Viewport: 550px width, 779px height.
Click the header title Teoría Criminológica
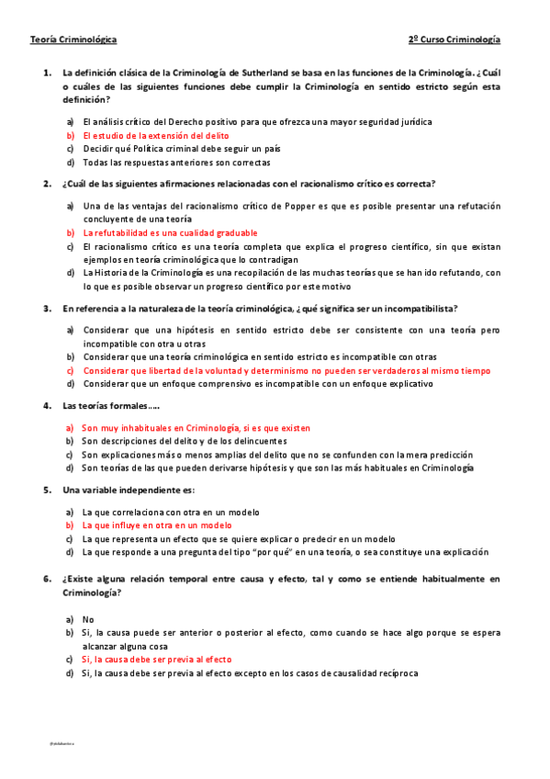coord(73,40)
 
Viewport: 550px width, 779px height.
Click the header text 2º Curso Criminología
coord(455,40)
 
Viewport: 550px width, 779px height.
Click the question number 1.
coord(46,72)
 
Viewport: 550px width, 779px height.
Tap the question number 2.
coord(46,183)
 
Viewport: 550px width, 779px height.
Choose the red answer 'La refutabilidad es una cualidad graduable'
coord(170,233)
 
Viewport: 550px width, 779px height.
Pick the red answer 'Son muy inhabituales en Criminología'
coord(196,428)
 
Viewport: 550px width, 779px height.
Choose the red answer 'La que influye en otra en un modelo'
coord(157,525)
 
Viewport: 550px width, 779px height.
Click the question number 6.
coord(46,579)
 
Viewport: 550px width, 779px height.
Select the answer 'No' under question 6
coord(88,620)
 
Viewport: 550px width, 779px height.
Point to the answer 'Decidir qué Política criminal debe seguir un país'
coord(181,149)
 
